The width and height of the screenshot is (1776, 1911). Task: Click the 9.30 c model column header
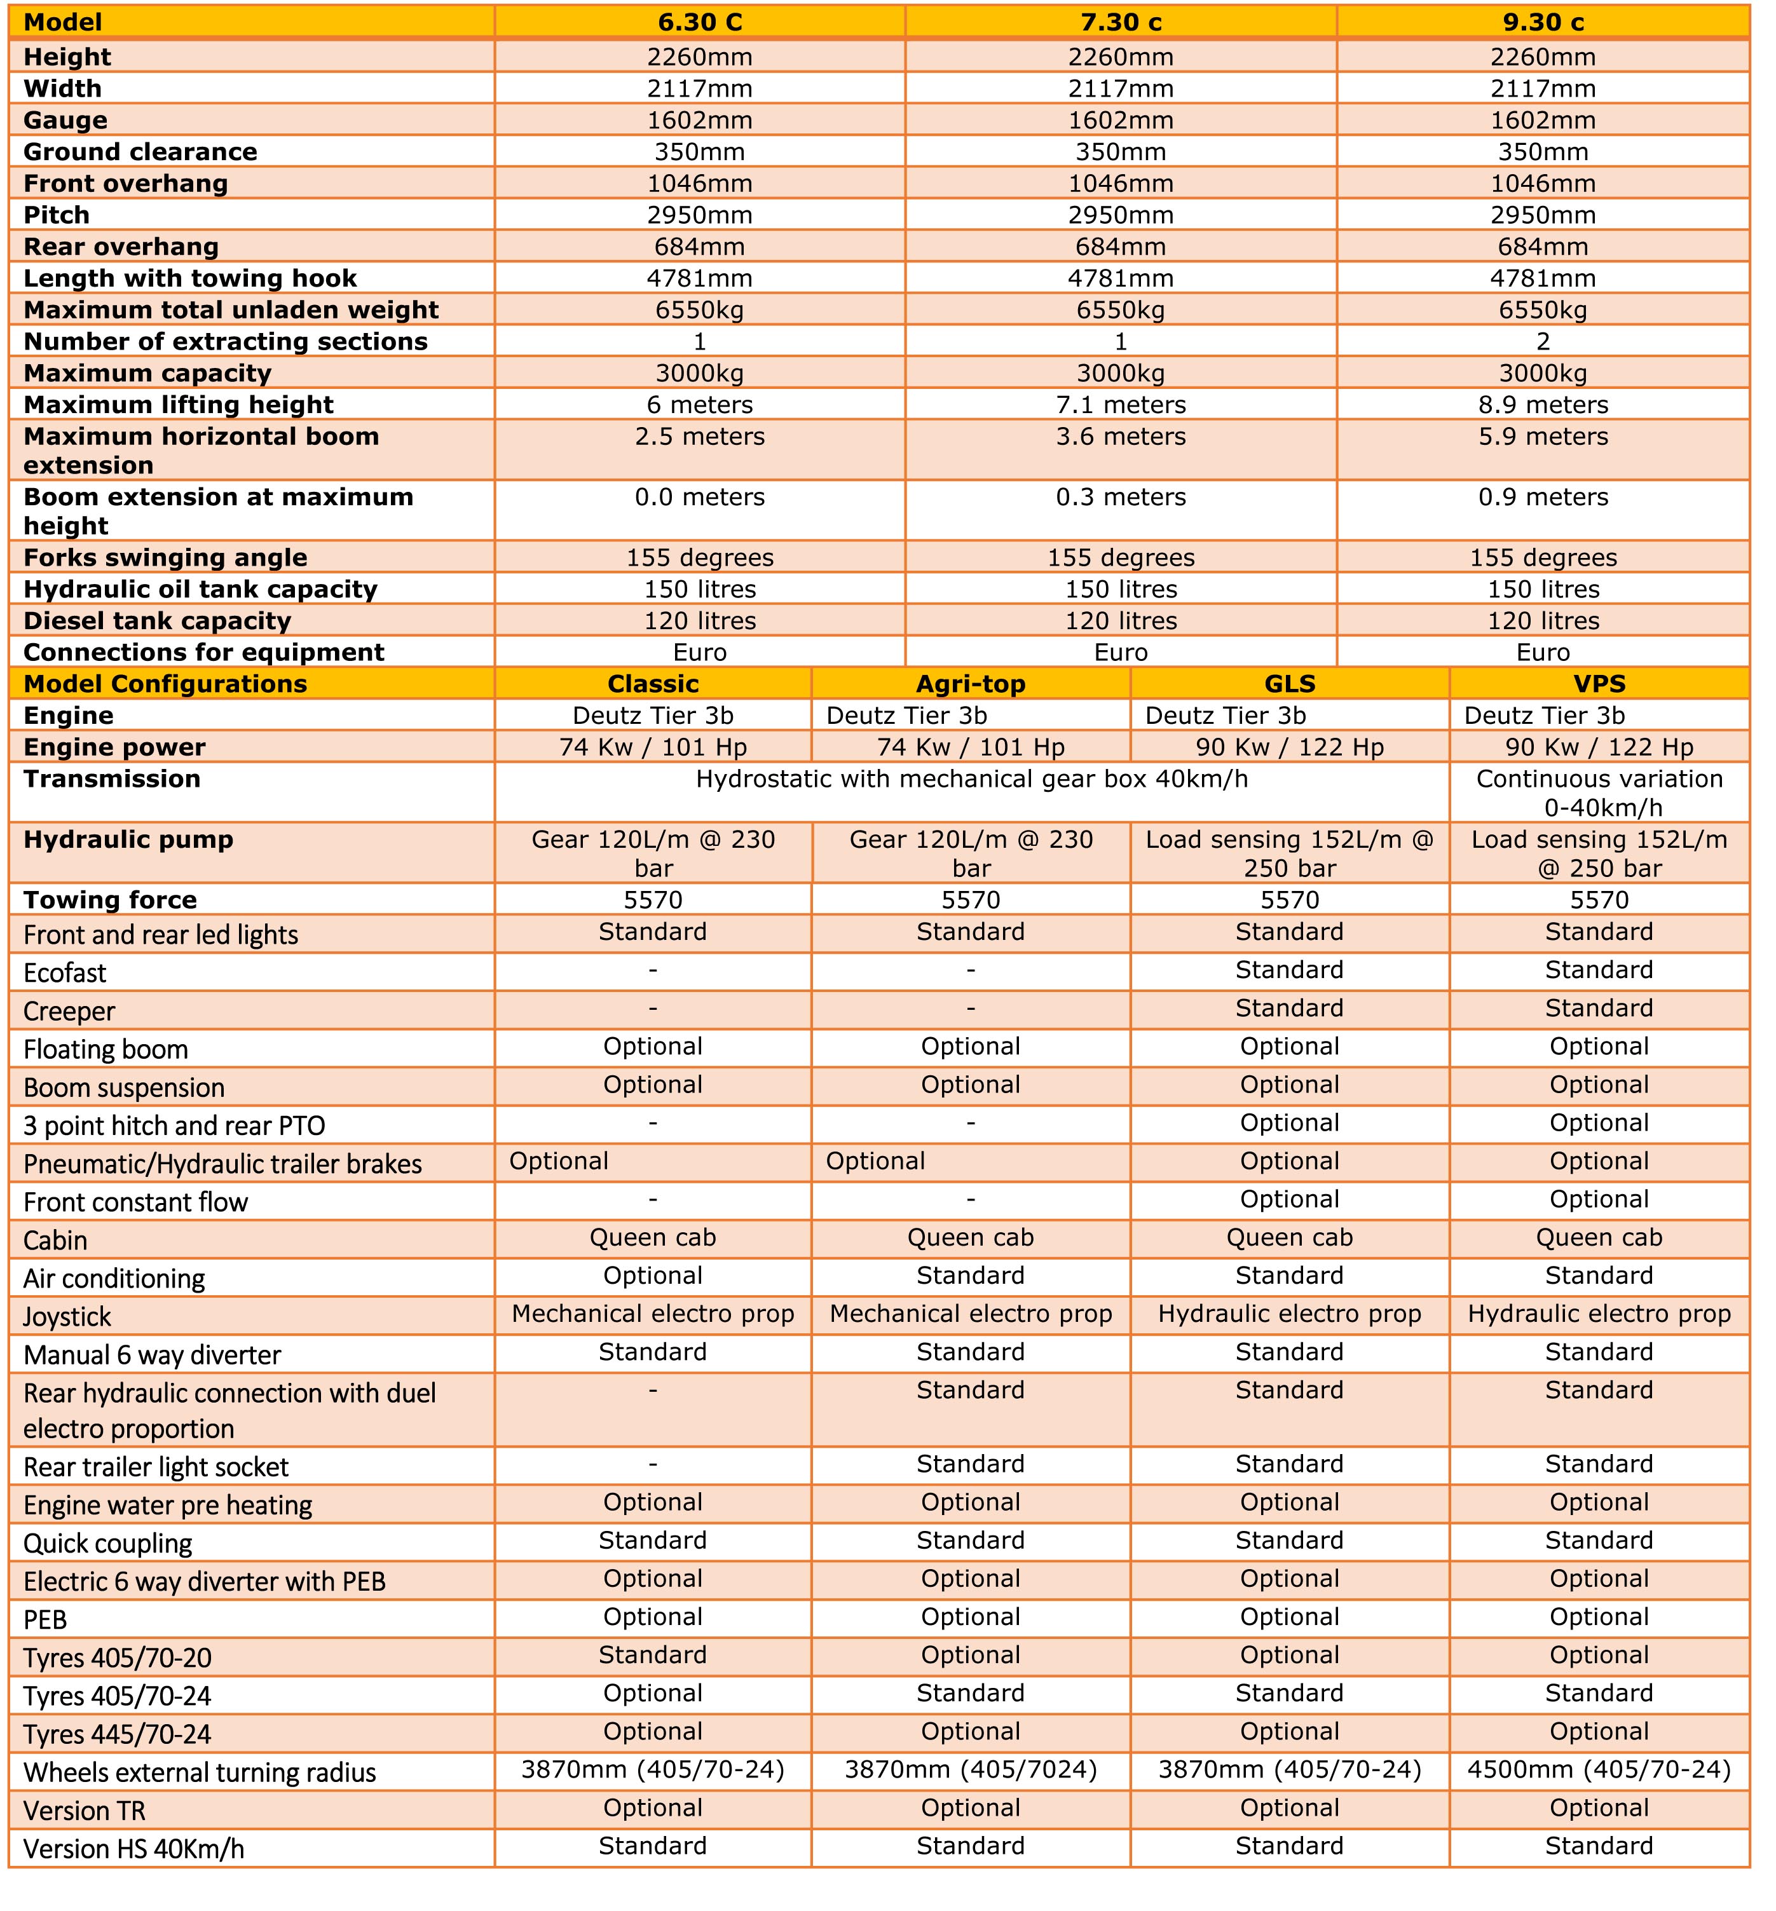[1543, 22]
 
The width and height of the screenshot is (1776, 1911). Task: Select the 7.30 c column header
[1121, 22]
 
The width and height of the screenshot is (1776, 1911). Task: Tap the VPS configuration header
[1599, 684]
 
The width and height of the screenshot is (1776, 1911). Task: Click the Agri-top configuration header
[971, 684]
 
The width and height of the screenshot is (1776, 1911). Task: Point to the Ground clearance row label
[140, 152]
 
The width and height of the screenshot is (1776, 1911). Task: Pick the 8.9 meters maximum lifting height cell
[1543, 404]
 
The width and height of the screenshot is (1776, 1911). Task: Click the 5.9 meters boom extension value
[1543, 437]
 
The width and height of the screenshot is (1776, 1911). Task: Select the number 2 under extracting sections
[1543, 342]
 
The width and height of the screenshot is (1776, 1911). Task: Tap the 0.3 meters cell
[1121, 498]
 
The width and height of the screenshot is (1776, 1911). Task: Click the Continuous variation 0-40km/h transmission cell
[1599, 792]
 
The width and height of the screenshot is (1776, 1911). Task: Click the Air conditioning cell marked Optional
[653, 1276]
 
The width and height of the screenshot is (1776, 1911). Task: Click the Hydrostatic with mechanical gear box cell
[972, 779]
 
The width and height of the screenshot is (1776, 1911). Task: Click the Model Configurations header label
[165, 684]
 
